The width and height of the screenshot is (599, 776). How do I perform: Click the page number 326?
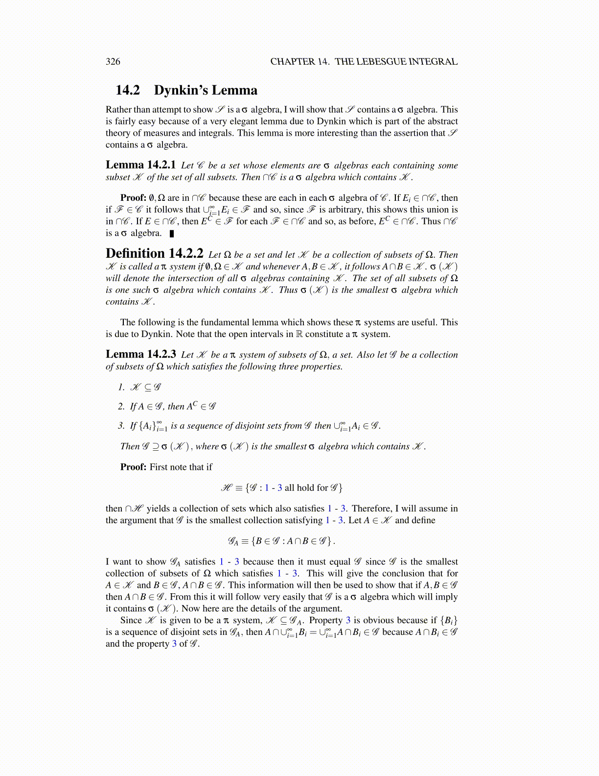point(113,61)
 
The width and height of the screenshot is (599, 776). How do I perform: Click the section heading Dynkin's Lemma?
point(206,90)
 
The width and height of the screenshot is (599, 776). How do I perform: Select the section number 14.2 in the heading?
point(128,90)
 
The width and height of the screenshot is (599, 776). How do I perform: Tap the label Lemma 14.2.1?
point(140,165)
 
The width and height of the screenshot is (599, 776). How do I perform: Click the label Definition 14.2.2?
point(154,254)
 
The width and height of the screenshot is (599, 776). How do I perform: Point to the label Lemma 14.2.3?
point(140,354)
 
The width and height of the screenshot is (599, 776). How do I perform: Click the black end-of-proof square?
point(171,233)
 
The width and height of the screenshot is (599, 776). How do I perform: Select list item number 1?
point(121,387)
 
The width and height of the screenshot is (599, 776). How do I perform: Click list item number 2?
point(121,406)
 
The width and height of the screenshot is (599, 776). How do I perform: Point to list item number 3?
point(121,425)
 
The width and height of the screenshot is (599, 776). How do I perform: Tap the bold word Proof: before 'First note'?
point(133,467)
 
